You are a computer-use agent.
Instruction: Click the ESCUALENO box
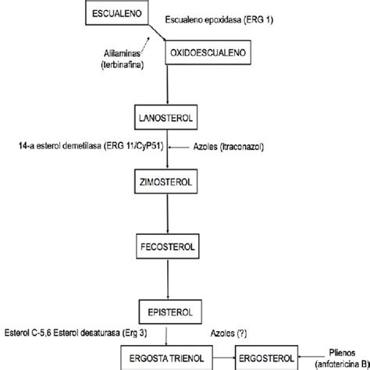click(x=117, y=13)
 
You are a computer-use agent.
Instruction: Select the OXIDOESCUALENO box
click(x=208, y=52)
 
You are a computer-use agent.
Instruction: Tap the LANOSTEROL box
click(x=165, y=117)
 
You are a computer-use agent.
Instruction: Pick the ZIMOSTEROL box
click(x=165, y=182)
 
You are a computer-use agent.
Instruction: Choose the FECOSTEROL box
click(x=168, y=247)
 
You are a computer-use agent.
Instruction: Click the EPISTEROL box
click(x=170, y=312)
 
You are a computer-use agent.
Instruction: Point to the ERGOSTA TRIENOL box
click(x=166, y=358)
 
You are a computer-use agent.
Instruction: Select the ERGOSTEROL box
click(x=266, y=358)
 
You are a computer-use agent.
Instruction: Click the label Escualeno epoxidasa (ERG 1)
click(x=219, y=20)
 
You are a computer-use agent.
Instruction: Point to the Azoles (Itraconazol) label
click(x=229, y=147)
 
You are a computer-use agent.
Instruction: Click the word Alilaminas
click(x=122, y=53)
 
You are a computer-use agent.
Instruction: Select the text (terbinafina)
click(x=123, y=65)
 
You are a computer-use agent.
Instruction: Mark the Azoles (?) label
click(x=229, y=333)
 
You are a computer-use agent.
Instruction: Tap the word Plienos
click(x=342, y=353)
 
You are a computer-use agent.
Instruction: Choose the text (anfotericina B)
click(x=343, y=364)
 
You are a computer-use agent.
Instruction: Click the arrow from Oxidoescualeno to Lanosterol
click(x=167, y=84)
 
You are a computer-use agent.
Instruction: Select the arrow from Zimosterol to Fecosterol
click(x=167, y=214)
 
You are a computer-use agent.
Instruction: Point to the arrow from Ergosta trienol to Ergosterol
click(x=224, y=358)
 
